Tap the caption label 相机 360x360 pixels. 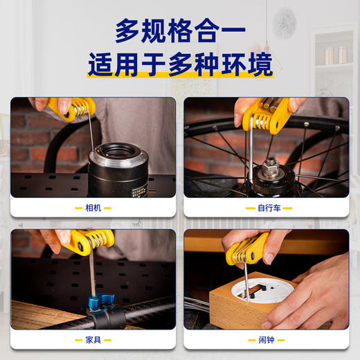pyautogui.click(x=93, y=207)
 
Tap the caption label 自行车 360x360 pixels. pyautogui.click(x=267, y=207)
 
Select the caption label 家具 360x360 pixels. pyautogui.click(x=93, y=341)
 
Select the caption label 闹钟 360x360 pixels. pyautogui.click(x=267, y=341)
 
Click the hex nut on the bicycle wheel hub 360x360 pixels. pyautogui.click(x=271, y=168)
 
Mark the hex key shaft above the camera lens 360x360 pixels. pyautogui.click(x=93, y=132)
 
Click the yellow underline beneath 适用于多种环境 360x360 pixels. pyautogui.click(x=180, y=77)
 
